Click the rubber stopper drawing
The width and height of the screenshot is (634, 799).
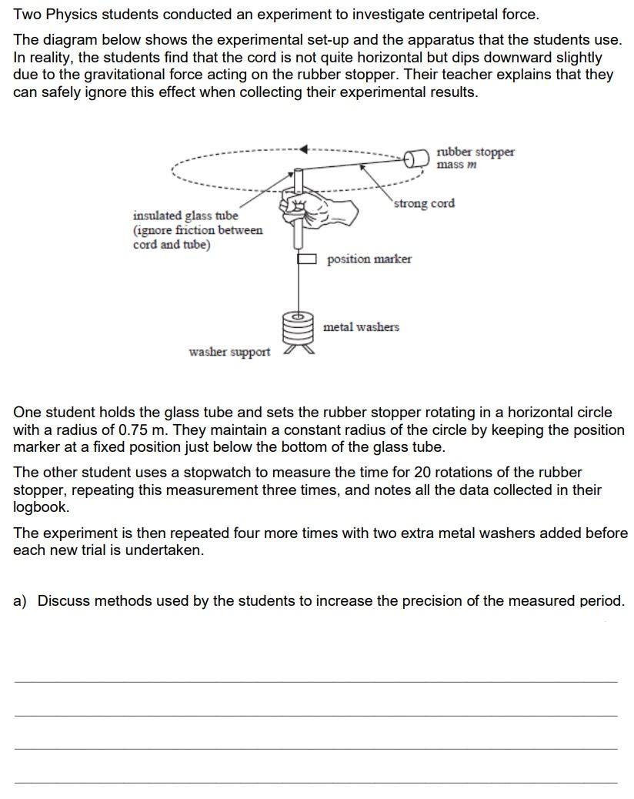pos(416,158)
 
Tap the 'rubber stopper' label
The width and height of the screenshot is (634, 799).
pos(475,152)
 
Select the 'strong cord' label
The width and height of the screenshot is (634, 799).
pos(424,203)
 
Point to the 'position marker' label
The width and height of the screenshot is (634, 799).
pos(369,259)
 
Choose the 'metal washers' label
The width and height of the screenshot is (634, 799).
pos(361,327)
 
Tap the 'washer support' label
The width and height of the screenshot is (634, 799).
pos(229,352)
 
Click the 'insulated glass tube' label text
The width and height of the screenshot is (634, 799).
pos(185,216)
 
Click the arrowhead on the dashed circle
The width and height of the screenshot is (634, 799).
pos(305,149)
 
